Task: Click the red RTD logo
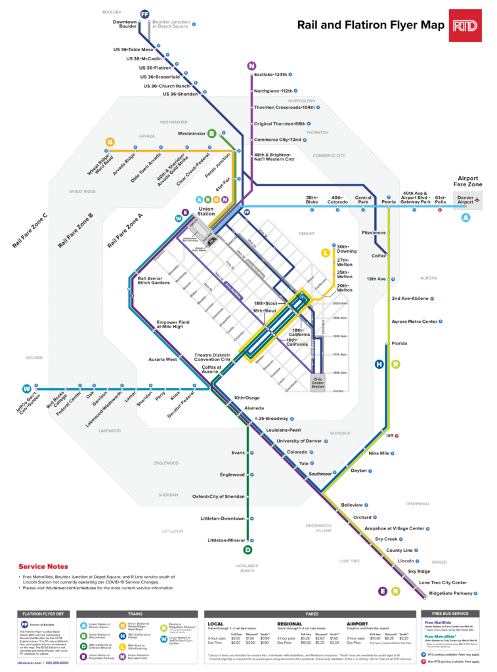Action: coord(466,26)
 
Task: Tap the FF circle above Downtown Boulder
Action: coord(145,13)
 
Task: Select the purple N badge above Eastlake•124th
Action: coord(251,66)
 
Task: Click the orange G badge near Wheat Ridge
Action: coord(110,142)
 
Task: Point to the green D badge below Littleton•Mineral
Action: coord(248,550)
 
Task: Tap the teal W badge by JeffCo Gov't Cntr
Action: coord(27,387)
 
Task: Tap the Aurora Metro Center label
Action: coord(414,322)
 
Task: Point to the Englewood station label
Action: coord(232,474)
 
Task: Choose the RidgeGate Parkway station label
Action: coord(450,593)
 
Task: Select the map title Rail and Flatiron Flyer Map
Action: coord(371,26)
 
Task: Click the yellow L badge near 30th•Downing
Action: coord(325,252)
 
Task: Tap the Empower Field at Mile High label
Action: coord(173,325)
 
